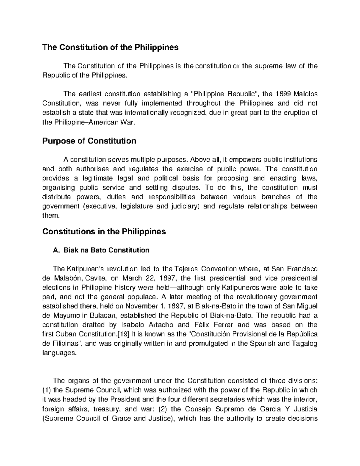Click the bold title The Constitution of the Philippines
coord(110,47)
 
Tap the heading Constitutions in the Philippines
coord(104,232)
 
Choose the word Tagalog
coord(305,343)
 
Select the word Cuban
coord(67,334)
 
